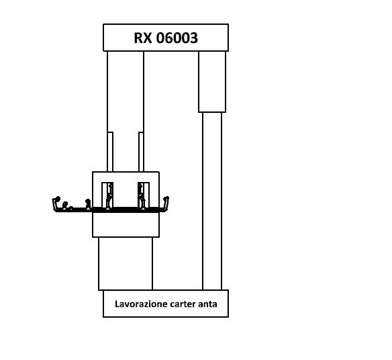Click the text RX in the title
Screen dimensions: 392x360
coord(143,38)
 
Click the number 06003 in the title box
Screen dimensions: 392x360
coord(177,38)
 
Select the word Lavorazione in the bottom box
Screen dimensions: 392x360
coord(141,304)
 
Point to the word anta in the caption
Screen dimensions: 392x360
coord(207,304)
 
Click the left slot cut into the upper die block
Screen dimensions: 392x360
coord(107,195)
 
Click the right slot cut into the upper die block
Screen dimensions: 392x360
coord(144,195)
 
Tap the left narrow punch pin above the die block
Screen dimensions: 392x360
coord(110,152)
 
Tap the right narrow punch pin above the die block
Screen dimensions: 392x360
coord(141,152)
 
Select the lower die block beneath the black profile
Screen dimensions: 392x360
coord(126,224)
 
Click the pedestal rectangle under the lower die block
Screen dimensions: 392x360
coord(126,263)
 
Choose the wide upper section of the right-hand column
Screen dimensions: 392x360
coord(212,81)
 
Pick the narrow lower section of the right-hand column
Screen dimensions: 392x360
coord(212,201)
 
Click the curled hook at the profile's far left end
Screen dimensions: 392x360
coord(56,202)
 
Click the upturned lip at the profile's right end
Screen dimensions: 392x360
coord(166,203)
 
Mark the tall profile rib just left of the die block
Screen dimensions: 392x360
coord(88,204)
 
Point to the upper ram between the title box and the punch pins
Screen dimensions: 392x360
coord(126,91)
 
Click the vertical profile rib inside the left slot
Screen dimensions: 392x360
coord(109,196)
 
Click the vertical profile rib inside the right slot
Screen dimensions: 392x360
coord(142,196)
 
